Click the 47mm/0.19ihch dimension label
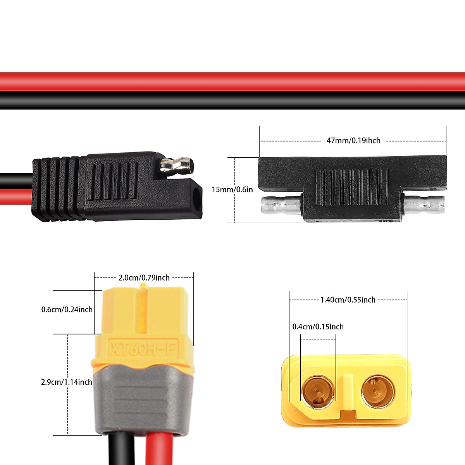pyautogui.click(x=353, y=141)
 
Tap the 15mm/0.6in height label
pyautogui.click(x=232, y=189)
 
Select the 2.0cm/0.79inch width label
pyautogui.click(x=144, y=277)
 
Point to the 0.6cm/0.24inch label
pyautogui.click(x=67, y=309)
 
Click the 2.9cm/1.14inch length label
pyautogui.click(x=67, y=382)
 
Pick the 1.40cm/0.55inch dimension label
pyautogui.click(x=348, y=300)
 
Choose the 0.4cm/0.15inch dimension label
pyautogui.click(x=318, y=327)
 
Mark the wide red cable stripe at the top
pyautogui.click(x=232, y=81)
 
